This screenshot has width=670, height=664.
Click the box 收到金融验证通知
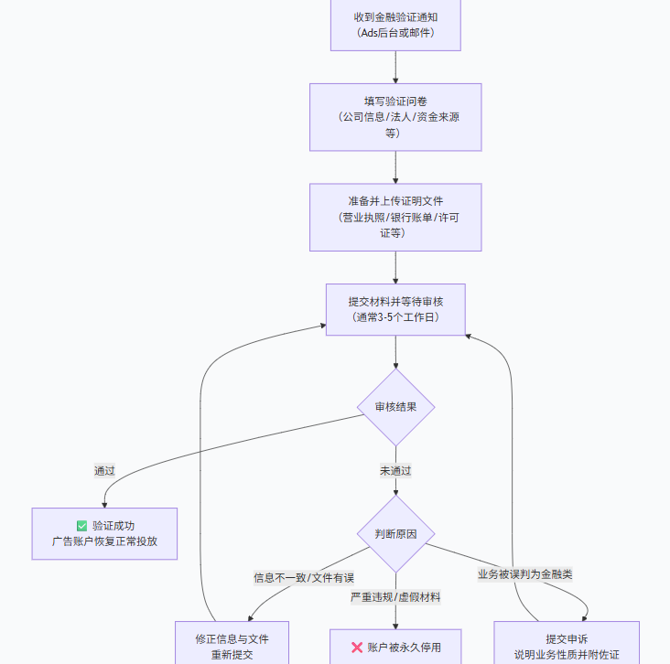point(395,25)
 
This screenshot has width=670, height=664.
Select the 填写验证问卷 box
point(395,117)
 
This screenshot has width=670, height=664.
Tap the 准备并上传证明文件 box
point(395,217)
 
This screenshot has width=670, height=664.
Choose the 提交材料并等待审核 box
point(395,309)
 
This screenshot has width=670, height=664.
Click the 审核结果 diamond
point(395,407)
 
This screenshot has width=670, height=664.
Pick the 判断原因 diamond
point(395,534)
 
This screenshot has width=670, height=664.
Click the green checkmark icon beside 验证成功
point(82,526)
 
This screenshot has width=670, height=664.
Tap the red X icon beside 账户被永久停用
point(357,648)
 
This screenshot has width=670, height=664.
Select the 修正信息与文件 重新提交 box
point(232,645)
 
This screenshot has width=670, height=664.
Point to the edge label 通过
point(104,471)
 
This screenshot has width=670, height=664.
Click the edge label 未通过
point(395,471)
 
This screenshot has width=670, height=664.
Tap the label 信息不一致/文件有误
point(304,578)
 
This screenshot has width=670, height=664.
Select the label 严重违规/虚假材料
point(395,597)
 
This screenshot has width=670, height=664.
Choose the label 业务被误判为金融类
point(525,574)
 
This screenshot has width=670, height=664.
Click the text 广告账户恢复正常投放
point(104,541)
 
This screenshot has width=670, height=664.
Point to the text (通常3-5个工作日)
point(395,317)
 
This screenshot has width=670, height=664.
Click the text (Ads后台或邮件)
point(395,33)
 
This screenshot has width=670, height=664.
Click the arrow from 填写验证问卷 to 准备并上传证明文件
point(395,167)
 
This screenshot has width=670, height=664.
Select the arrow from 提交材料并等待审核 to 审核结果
point(395,352)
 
